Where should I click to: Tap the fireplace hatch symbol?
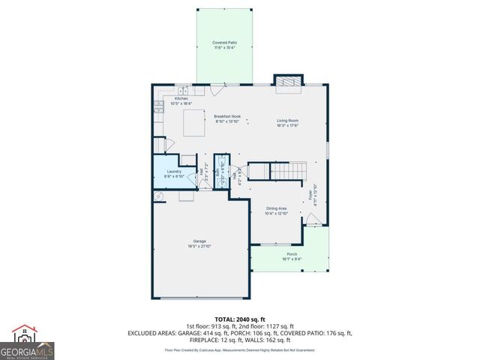(287, 82)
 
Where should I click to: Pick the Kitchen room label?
(181, 98)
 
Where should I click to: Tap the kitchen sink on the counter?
(183, 90)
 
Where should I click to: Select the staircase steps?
(284, 172)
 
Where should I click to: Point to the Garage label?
(199, 241)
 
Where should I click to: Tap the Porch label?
(292, 254)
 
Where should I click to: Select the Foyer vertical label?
(309, 196)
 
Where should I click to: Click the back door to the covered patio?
(217, 89)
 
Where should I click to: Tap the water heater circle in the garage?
(159, 196)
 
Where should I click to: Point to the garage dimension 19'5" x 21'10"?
(199, 246)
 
